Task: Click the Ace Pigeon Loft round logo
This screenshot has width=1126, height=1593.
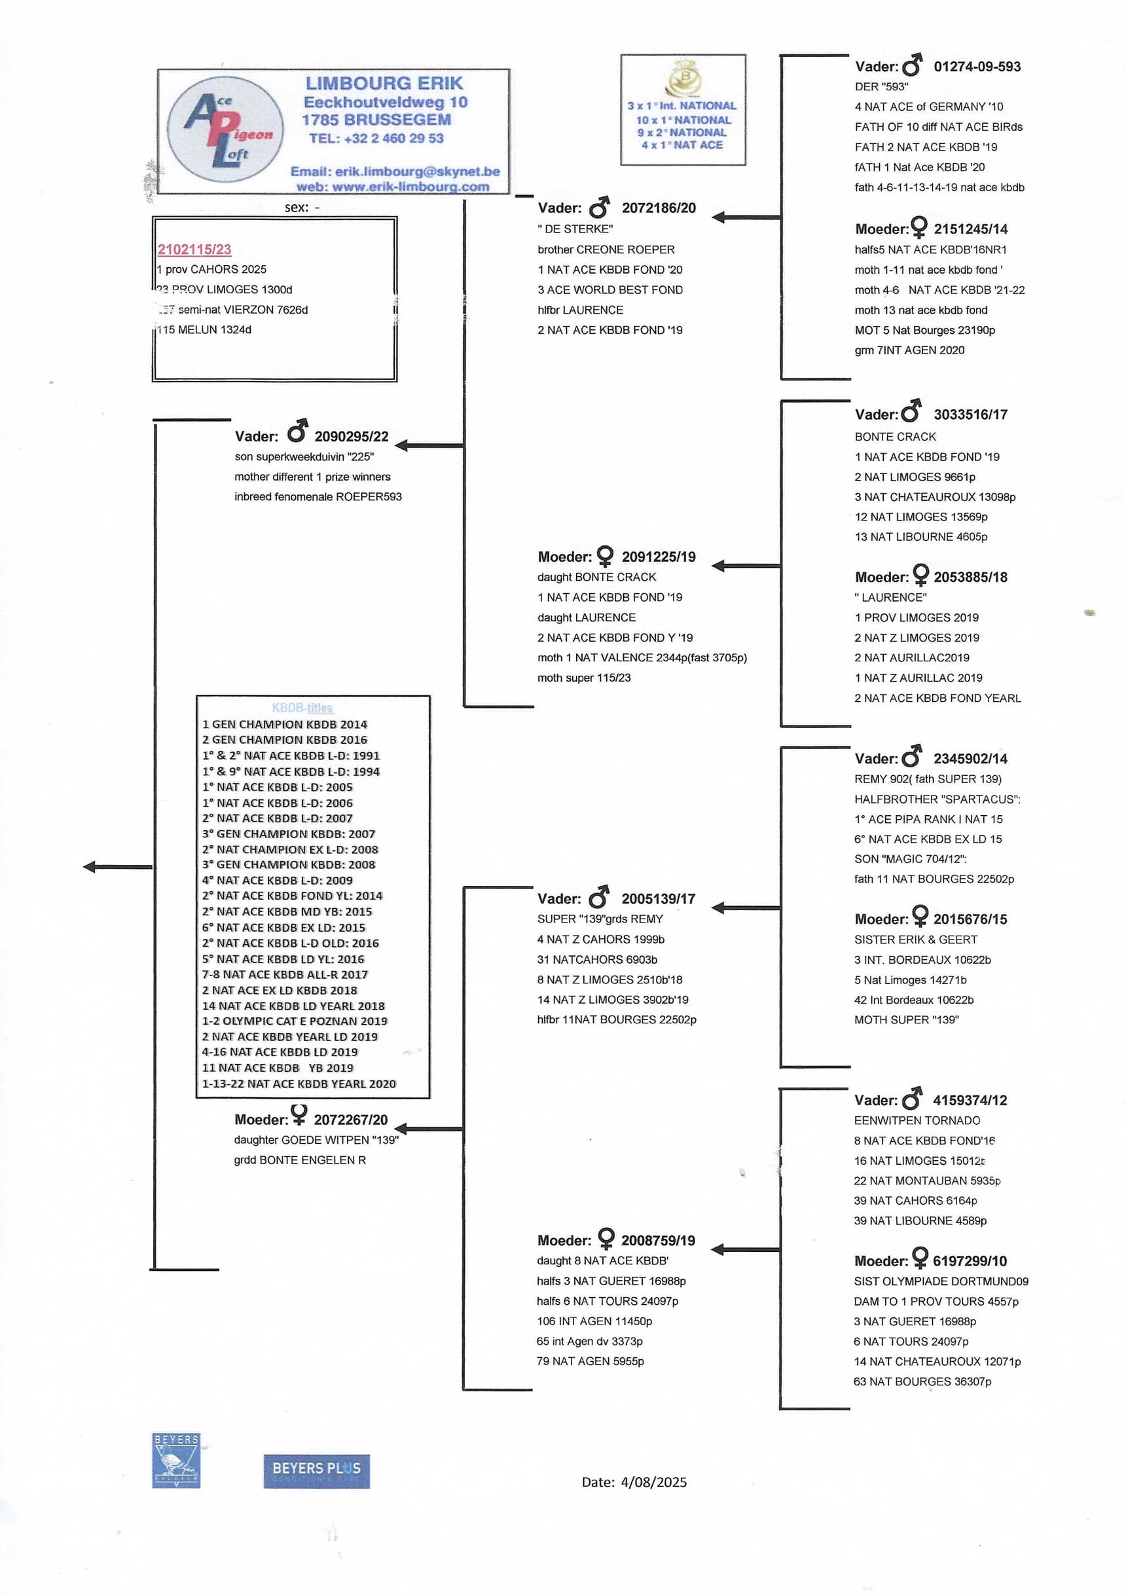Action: click(225, 130)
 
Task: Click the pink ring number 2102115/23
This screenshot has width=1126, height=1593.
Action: click(194, 249)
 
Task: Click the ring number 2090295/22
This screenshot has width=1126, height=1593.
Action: click(351, 437)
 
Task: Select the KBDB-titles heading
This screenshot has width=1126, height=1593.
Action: click(302, 708)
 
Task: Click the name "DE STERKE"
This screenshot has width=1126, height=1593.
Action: click(575, 229)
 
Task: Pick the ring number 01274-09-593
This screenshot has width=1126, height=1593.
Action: click(977, 67)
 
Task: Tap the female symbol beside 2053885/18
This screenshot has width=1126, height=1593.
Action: click(920, 574)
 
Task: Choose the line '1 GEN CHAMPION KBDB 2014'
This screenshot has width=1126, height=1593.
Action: click(285, 724)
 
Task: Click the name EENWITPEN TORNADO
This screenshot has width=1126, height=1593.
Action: click(917, 1120)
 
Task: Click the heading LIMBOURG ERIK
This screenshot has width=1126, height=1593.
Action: click(384, 83)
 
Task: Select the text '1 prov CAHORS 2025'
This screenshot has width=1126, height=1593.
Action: click(212, 269)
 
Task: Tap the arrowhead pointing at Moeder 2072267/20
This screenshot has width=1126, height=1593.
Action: click(401, 1129)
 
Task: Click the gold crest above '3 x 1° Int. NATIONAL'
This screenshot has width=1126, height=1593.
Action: click(683, 78)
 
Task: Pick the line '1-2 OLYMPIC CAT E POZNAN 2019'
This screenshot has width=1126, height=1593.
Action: click(295, 1021)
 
